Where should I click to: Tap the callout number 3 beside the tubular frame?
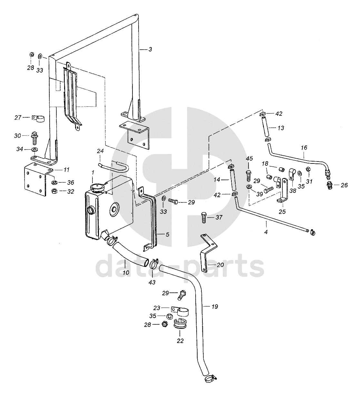coord(150,49)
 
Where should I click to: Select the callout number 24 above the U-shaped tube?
coord(100,151)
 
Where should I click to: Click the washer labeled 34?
coord(35,150)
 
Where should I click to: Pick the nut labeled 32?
coord(54,191)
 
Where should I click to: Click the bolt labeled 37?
coord(204,218)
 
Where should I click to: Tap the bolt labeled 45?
coord(248,176)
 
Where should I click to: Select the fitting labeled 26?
coord(330,185)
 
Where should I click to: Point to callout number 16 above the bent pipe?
coord(304,148)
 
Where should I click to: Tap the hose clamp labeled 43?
coord(154,264)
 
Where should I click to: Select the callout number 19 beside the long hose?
coord(215,307)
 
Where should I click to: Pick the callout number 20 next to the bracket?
coord(220,265)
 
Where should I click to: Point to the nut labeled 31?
coord(308,169)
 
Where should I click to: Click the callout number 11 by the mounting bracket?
coord(66,170)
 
